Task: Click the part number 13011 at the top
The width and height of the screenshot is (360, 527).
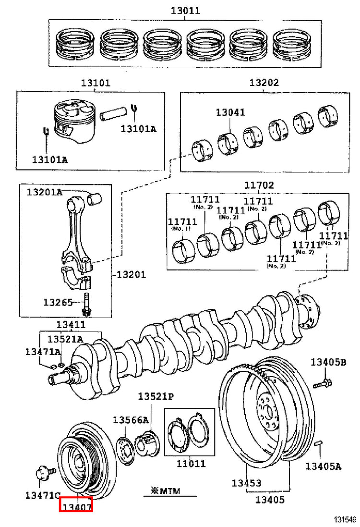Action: (185, 11)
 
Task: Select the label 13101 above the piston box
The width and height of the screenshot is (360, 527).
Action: (96, 83)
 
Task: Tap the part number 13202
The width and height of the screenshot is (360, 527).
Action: (264, 82)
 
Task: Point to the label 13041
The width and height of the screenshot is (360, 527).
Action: (230, 112)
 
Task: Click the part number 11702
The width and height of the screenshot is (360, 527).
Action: (259, 185)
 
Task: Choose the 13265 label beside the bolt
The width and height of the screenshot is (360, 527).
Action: (58, 302)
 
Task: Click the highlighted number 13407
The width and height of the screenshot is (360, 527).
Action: (76, 505)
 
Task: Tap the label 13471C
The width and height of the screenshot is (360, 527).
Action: (43, 495)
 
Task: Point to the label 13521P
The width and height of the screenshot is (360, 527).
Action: (156, 397)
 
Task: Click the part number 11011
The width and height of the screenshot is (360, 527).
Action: (191, 464)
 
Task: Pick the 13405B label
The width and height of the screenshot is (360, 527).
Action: (328, 362)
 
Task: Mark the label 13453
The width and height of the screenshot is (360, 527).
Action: (246, 483)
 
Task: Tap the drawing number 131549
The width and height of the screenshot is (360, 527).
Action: (345, 520)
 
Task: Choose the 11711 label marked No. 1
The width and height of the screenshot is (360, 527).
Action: (182, 224)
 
